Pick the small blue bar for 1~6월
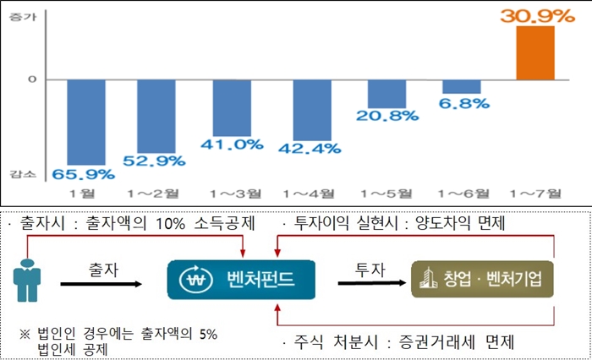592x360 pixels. point(461,86)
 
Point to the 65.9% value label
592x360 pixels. point(82,175)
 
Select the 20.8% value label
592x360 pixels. point(392,115)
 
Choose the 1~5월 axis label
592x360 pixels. point(386,194)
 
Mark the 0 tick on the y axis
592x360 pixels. point(33,79)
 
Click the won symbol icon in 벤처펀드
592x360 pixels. point(193,279)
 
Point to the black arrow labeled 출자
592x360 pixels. point(101,284)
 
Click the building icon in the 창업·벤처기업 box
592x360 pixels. point(429,278)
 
